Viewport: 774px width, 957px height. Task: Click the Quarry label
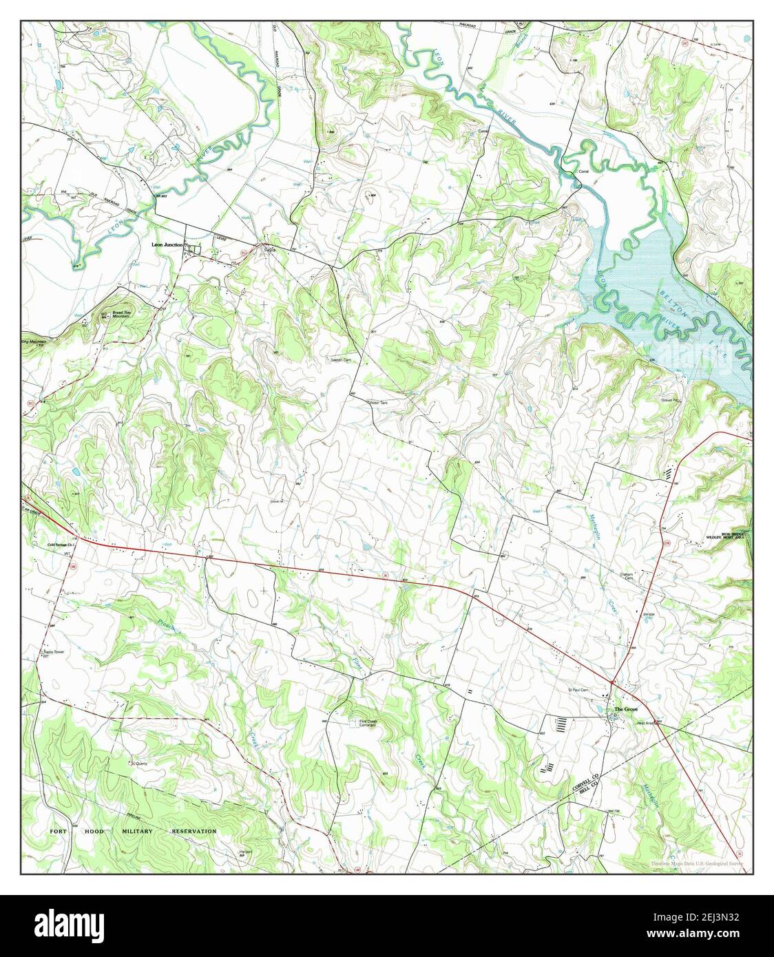(x=140, y=763)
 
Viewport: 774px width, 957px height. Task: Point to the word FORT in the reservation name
(x=60, y=831)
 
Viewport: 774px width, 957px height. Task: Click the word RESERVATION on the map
(x=193, y=831)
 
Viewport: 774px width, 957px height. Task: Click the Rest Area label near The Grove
(x=645, y=722)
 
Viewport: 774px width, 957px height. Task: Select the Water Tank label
(x=383, y=403)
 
